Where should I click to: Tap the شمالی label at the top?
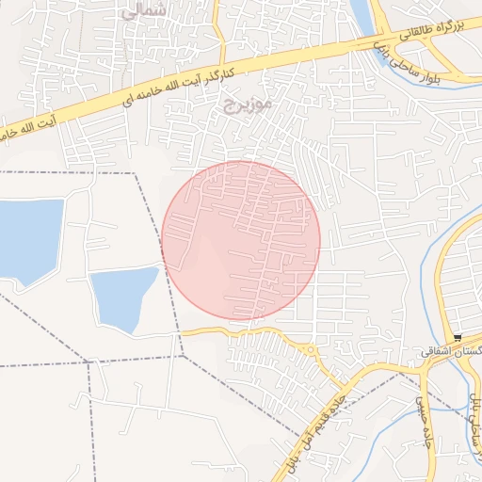click(144, 12)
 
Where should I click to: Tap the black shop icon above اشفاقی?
click(458, 338)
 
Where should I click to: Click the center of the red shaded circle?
click(241, 240)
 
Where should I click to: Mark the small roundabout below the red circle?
click(311, 352)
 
